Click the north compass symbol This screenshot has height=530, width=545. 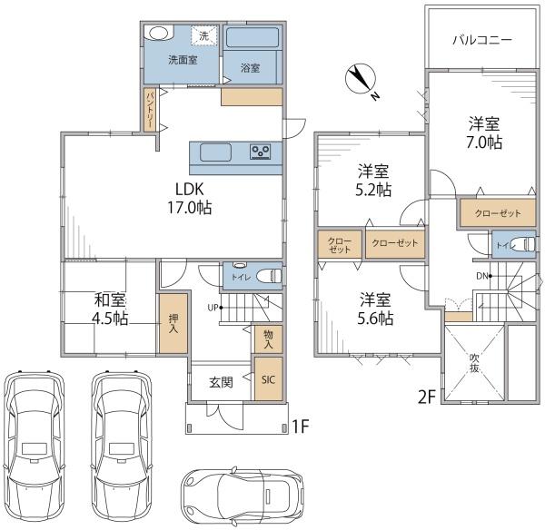361,78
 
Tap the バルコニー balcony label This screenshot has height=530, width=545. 482,40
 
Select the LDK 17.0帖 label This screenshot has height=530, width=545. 190,199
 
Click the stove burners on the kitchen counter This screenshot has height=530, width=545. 261,152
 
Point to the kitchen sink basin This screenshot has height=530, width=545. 215,152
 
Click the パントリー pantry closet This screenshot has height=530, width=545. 150,110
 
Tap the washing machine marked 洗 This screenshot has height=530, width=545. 204,35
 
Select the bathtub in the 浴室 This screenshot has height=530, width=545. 253,37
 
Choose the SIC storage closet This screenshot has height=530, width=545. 268,379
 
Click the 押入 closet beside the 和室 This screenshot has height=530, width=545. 173,323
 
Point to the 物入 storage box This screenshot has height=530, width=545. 268,339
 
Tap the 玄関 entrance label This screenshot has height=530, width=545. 221,382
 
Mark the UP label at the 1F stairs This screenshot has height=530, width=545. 213,308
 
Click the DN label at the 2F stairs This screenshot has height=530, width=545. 482,276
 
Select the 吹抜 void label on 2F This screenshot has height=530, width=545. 474,363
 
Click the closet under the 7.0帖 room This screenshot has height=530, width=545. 498,213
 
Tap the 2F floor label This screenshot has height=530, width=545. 427,397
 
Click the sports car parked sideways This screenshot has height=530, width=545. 243,496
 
